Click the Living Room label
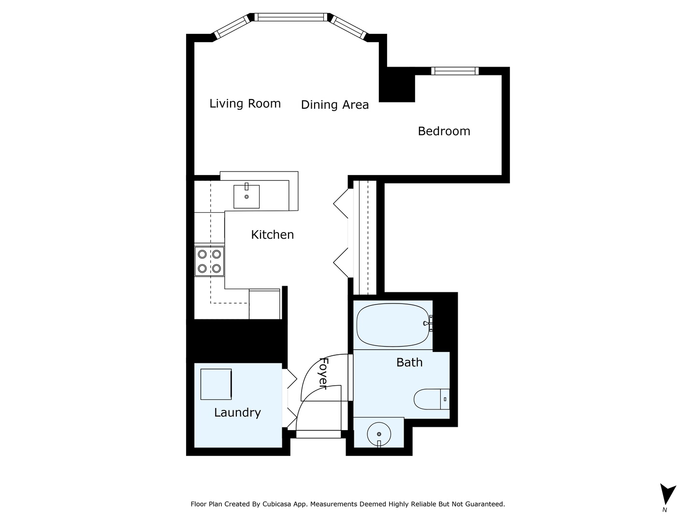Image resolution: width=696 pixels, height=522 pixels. click(245, 103)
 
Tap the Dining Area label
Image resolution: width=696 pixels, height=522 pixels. click(334, 105)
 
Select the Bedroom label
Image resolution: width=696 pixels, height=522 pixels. click(444, 131)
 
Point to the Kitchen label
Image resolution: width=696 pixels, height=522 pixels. click(272, 234)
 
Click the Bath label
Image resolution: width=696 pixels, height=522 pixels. click(409, 362)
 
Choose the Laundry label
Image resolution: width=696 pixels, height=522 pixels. click(237, 412)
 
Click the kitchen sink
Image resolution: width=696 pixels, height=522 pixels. click(246, 196)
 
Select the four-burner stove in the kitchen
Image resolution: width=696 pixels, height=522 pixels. click(209, 261)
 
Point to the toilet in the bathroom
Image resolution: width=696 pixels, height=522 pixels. click(431, 399)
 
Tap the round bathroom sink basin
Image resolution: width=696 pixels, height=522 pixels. click(379, 434)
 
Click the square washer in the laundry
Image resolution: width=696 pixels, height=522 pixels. click(216, 384)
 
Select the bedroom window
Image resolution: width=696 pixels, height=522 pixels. click(454, 71)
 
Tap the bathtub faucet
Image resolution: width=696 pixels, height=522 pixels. click(428, 323)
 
